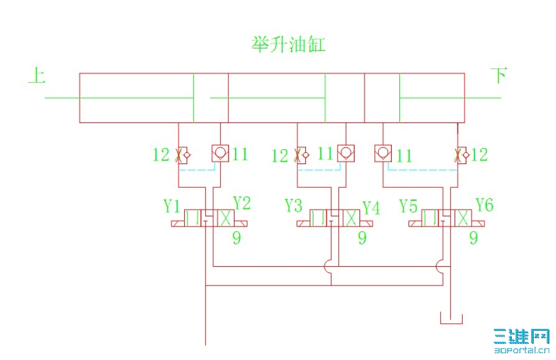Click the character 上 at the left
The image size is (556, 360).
pyautogui.click(x=37, y=76)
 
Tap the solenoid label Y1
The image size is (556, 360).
pyautogui.click(x=172, y=205)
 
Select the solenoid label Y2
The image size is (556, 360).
pyautogui.click(x=241, y=203)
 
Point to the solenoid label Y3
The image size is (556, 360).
pyautogui.click(x=294, y=205)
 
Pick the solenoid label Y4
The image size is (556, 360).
pyautogui.click(x=371, y=208)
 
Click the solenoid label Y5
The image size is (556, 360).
pyautogui.click(x=408, y=206)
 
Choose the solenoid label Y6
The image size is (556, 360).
pyautogui.click(x=484, y=204)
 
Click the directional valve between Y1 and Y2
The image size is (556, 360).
pyautogui.click(x=209, y=218)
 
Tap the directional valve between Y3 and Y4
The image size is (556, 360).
pyautogui.click(x=335, y=218)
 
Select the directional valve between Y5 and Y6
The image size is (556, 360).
pyautogui.click(x=447, y=218)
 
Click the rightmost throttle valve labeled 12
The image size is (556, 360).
pyautogui.click(x=461, y=154)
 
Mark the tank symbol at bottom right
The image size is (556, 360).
pyautogui.click(x=451, y=319)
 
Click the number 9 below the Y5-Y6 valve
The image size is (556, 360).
pyautogui.click(x=473, y=238)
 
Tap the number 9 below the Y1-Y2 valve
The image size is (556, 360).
pyautogui.click(x=236, y=238)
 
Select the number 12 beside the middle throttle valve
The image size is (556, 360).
pyautogui.click(x=280, y=155)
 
